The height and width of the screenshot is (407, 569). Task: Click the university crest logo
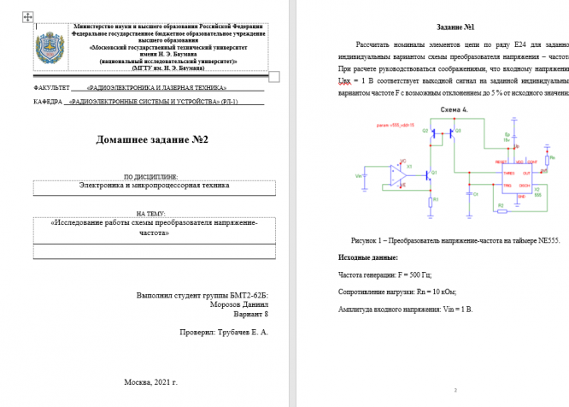51,47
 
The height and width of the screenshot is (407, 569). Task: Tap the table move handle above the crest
26,15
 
